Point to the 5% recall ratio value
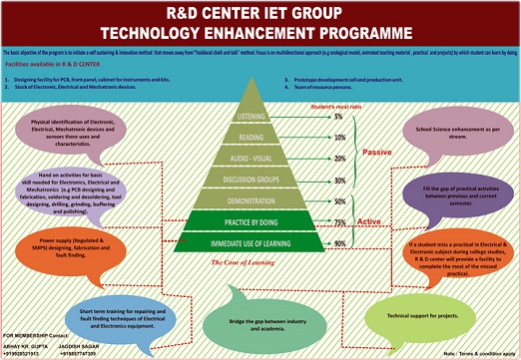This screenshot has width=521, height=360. point(339,118)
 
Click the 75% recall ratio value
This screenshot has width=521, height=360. point(339,221)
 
